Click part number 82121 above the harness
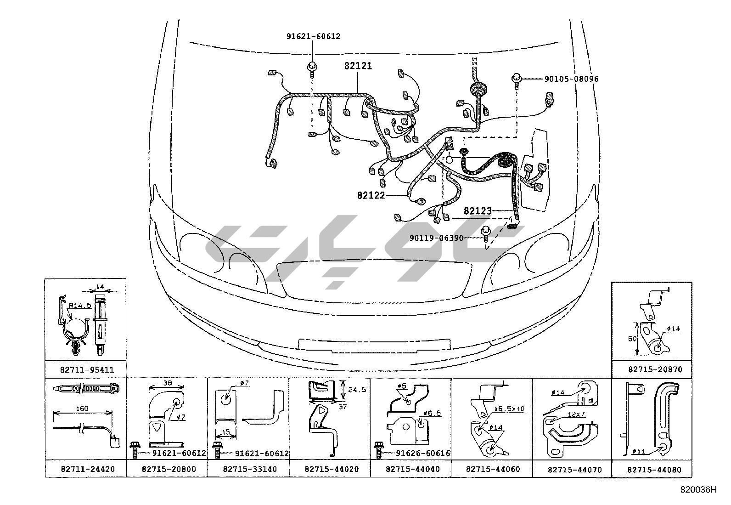(358, 66)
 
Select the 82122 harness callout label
(371, 195)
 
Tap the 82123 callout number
(478, 211)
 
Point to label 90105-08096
(571, 79)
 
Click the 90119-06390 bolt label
(436, 238)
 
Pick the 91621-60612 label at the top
(313, 36)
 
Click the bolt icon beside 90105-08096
(517, 80)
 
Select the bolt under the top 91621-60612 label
(312, 68)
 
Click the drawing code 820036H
(698, 490)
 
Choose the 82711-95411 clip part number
(87, 369)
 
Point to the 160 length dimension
(83, 409)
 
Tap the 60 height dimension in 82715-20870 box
(632, 339)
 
